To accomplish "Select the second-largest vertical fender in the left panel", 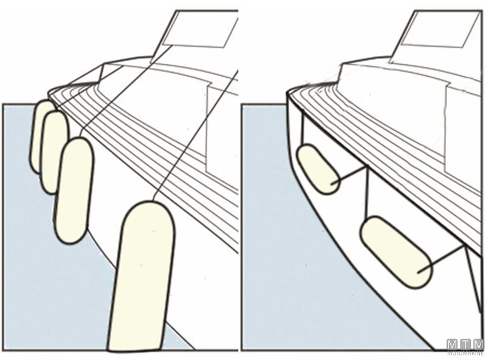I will pos(74,190).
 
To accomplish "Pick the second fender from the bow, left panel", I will pos(54,152).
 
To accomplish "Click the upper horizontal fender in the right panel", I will pos(318,169).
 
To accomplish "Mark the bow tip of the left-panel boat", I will pos(49,91).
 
